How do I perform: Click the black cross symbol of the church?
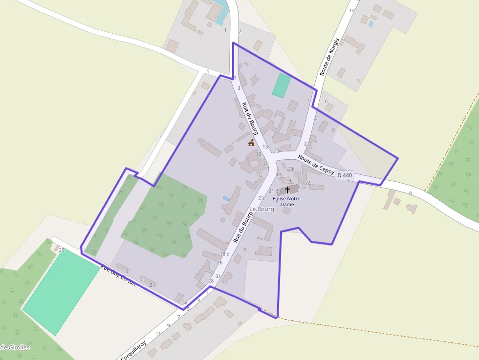(x=287, y=189)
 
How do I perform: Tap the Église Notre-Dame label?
(x=287, y=202)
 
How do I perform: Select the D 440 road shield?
(x=345, y=175)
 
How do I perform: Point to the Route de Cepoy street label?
(x=316, y=165)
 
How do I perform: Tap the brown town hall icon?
(x=251, y=143)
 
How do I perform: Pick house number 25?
(x=61, y=250)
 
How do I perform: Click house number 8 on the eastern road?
(x=411, y=193)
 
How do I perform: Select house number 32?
(x=185, y=303)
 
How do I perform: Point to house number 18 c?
(x=224, y=254)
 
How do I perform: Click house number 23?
(x=261, y=198)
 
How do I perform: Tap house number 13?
(x=265, y=147)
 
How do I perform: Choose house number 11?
(x=158, y=334)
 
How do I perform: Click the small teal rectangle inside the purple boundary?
(x=281, y=85)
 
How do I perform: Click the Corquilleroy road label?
(x=133, y=351)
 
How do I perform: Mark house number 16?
(x=259, y=175)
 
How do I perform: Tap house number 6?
(x=327, y=101)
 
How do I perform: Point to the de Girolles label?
(x=15, y=348)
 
